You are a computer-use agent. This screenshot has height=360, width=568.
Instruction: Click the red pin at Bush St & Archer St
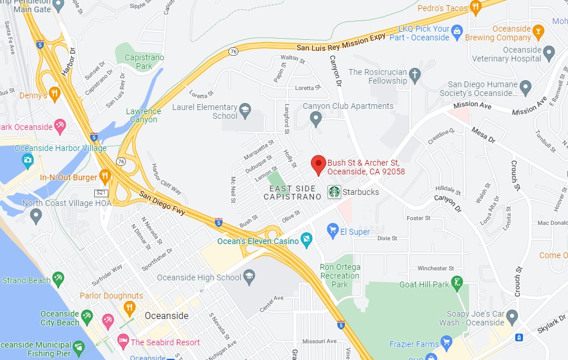point(318,164)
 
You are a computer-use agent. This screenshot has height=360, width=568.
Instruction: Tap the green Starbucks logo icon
point(334,191)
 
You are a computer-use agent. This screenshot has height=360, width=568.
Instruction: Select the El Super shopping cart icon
point(333,231)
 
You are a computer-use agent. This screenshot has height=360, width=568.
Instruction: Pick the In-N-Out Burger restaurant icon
point(105,176)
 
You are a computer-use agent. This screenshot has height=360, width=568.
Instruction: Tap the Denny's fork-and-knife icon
point(54,94)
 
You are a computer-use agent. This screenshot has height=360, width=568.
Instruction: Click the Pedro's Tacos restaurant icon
point(475,8)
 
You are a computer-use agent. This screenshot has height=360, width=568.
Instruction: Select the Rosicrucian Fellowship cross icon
point(415,75)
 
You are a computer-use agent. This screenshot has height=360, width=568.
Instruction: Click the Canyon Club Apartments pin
point(316,120)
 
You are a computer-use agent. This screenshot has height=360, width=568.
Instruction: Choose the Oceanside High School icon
point(249,277)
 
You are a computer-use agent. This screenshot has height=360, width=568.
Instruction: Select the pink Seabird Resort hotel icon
point(122,342)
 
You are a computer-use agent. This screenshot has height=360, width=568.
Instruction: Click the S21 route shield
point(102,192)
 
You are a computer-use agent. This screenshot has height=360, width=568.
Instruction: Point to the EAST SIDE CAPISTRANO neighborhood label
point(292,193)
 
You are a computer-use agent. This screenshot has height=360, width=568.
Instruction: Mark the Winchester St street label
point(436,269)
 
